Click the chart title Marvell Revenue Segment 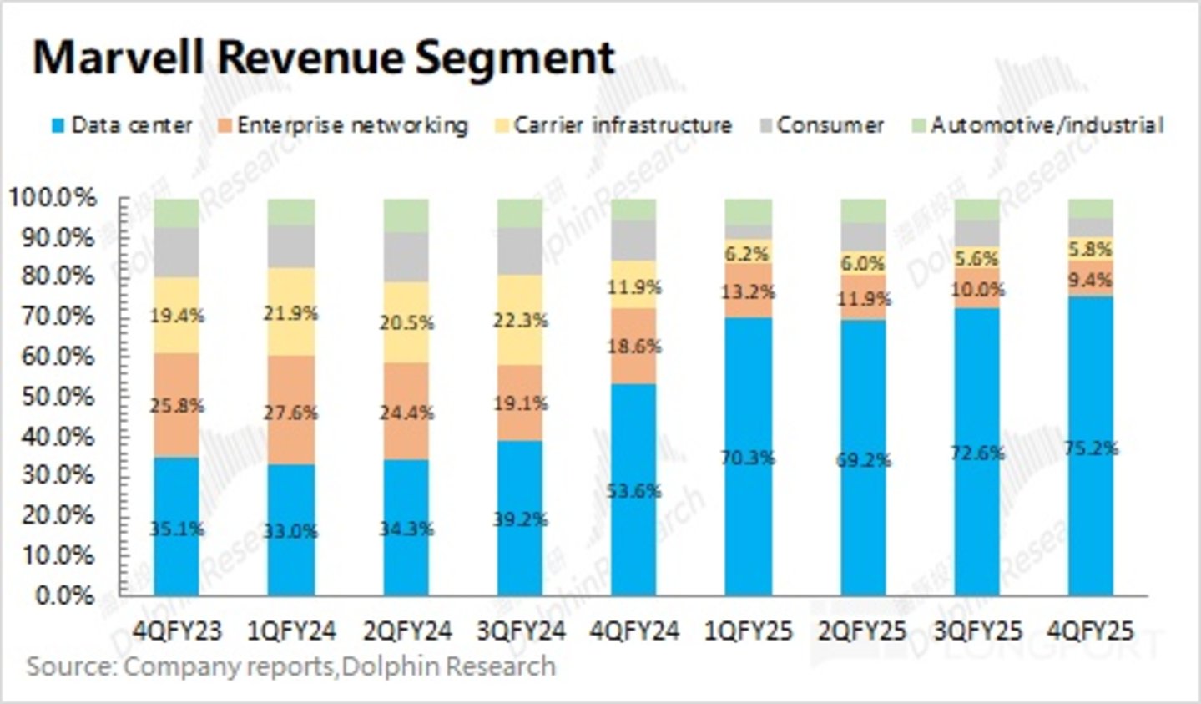click(324, 58)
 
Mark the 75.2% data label click(1092, 448)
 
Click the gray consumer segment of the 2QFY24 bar click(406, 257)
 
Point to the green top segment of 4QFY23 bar click(177, 213)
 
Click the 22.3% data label click(519, 320)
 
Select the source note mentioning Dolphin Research click(291, 666)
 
